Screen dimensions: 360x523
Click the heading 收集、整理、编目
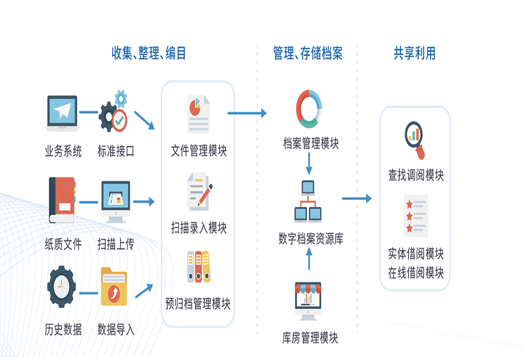pos(149,54)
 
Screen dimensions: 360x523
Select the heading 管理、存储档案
pos(307,54)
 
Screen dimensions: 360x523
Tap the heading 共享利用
pos(414,54)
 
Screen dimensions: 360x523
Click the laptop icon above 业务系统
pos(62,113)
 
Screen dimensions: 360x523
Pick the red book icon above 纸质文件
pos(62,200)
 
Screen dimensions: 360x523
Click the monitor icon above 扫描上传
pos(115,201)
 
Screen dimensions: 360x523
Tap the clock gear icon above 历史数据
pos(62,286)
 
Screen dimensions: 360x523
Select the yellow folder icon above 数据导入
pos(114,286)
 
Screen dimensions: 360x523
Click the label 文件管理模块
pos(199,151)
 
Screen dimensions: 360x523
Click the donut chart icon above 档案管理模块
pos(309,109)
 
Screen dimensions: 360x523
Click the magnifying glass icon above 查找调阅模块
pos(415,139)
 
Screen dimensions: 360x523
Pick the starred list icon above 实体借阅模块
pos(415,216)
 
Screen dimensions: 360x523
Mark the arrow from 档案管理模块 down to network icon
pos(309,163)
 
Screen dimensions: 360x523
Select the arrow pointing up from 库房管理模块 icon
pos(309,259)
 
